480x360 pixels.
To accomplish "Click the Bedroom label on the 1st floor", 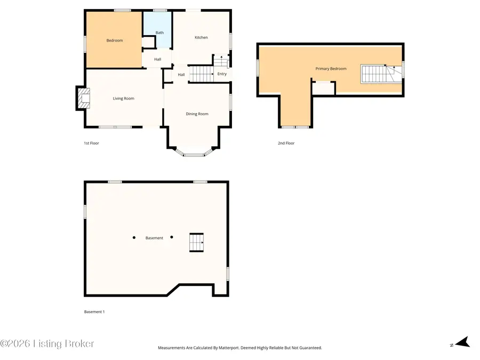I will pos(114,41).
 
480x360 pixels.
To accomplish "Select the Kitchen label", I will pos(201,37).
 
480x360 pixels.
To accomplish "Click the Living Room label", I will pos(123,98).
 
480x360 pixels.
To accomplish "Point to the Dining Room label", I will pos(197,114).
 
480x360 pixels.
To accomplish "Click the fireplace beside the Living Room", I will pos(83,98).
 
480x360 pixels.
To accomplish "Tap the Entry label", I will pos(222,74).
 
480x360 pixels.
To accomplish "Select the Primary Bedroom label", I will pos(331,68).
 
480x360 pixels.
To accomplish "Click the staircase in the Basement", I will pos(196,242).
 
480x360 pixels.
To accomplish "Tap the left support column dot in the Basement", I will pos(134,237).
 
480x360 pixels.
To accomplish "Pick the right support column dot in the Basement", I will pos(172,237).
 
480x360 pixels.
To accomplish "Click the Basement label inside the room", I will pos(154,238).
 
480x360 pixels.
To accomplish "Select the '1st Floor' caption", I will pos(91,143).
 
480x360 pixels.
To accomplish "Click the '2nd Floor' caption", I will pos(286,143).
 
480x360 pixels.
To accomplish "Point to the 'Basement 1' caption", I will pos(94,311).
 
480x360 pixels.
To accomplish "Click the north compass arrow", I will pos(462,342).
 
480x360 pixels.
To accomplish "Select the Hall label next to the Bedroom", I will pos(157,59).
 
